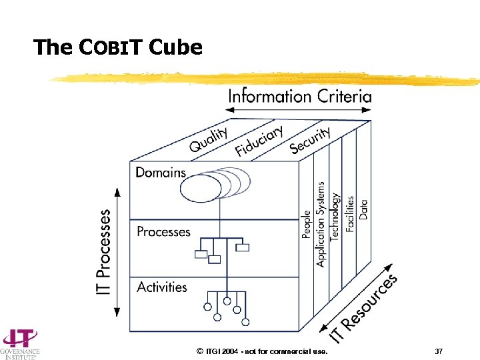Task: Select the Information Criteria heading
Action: coord(299,96)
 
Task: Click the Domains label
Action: coord(161,173)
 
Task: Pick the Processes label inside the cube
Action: coord(163,232)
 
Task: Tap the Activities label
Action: coord(162,287)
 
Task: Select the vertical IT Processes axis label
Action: coord(105,253)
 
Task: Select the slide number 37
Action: coord(438,351)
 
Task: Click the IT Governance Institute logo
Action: coord(20,343)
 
